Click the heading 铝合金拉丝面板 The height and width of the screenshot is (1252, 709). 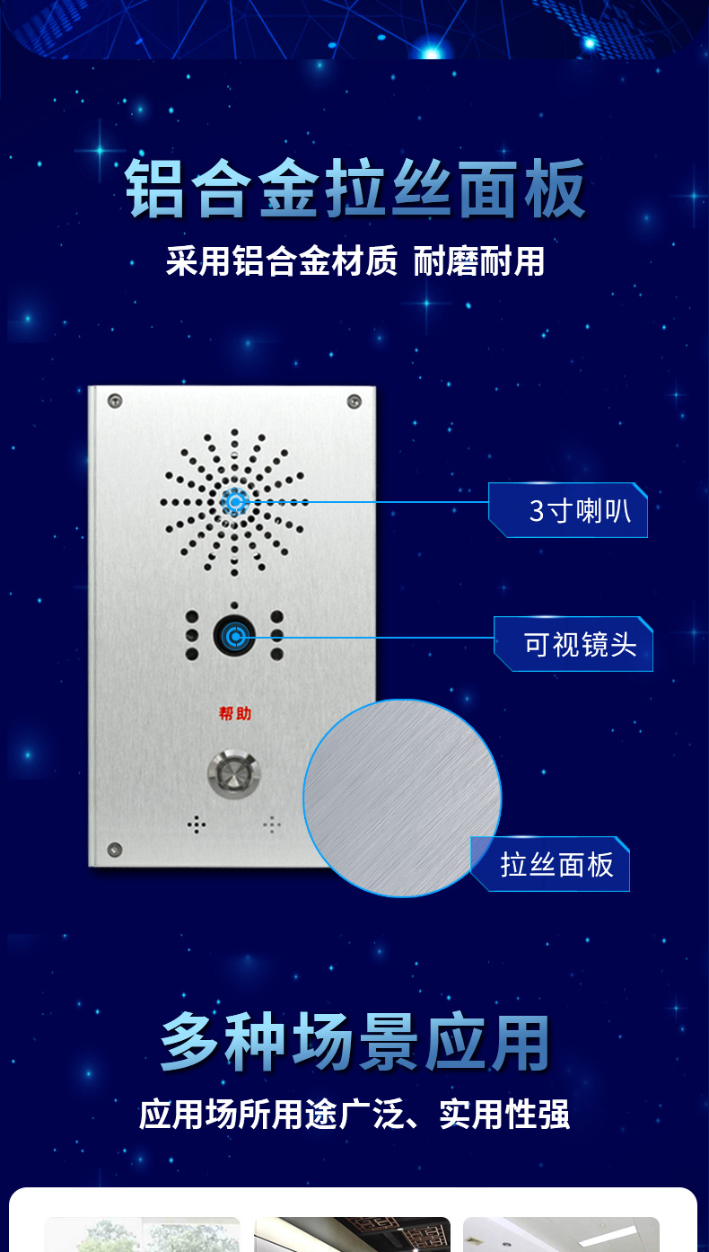pyautogui.click(x=355, y=188)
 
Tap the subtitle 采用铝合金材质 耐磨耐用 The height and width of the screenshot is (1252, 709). pyautogui.click(x=355, y=260)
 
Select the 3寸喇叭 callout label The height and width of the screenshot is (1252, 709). pyautogui.click(x=568, y=510)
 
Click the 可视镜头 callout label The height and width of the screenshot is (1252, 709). pyautogui.click(x=573, y=644)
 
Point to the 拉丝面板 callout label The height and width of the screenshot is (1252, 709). pyautogui.click(x=550, y=864)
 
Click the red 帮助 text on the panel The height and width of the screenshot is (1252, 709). pyautogui.click(x=234, y=714)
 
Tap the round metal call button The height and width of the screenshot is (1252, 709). pyautogui.click(x=234, y=774)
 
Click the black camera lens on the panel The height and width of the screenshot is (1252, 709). pyautogui.click(x=234, y=636)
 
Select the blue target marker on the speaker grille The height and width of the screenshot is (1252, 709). pyautogui.click(x=234, y=501)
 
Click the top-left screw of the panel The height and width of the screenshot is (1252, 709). pyautogui.click(x=115, y=401)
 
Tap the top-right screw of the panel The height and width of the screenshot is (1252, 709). pyautogui.click(x=354, y=401)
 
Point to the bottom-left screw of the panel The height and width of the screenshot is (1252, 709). pyautogui.click(x=115, y=850)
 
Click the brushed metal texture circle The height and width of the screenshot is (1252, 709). pyautogui.click(x=402, y=798)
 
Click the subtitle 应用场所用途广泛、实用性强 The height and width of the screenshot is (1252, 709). pyautogui.click(x=354, y=1114)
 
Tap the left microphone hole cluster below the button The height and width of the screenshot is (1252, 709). pyautogui.click(x=197, y=824)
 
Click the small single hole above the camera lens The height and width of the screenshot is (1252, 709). pyautogui.click(x=234, y=605)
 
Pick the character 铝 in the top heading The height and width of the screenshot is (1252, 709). pyautogui.click(x=154, y=188)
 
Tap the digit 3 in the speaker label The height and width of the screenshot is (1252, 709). pyautogui.click(x=537, y=511)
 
